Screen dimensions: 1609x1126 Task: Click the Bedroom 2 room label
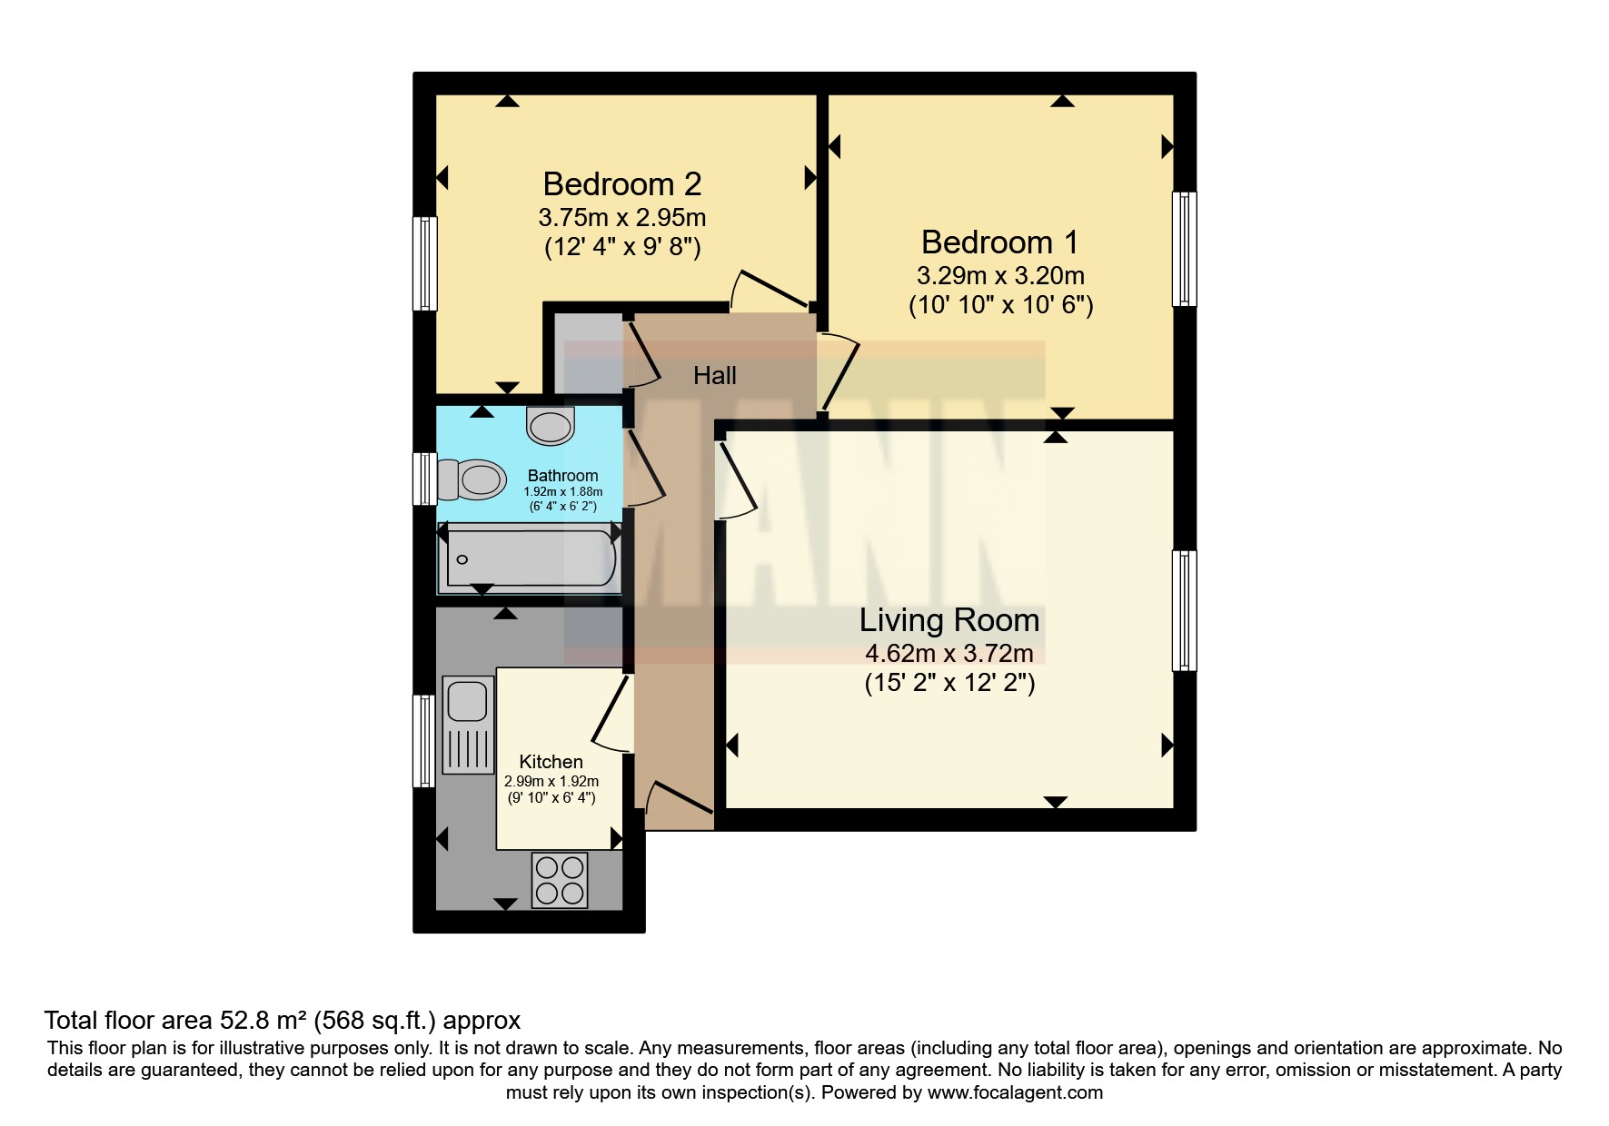click(x=622, y=184)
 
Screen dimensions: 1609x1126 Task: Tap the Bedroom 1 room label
click(x=1000, y=242)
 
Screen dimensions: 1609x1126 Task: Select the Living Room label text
click(x=949, y=620)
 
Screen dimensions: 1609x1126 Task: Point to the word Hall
click(x=715, y=375)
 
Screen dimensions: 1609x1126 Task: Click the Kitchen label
click(x=551, y=762)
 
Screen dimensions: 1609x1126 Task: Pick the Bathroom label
click(x=563, y=475)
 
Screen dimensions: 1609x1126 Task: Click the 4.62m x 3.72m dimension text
click(x=949, y=653)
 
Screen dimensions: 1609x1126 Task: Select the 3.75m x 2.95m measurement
click(x=622, y=218)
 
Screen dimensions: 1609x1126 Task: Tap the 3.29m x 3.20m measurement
click(x=1000, y=275)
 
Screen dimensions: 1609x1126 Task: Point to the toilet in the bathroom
click(x=472, y=479)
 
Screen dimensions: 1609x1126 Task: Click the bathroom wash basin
click(x=551, y=425)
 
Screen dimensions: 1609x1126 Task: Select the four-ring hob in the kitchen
click(x=560, y=880)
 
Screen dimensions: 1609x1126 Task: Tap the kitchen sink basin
click(x=468, y=700)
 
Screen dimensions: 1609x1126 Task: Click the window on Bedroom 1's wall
click(x=1184, y=249)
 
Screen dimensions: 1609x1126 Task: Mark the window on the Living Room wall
click(x=1184, y=610)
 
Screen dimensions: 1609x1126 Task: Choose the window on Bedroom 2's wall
click(x=425, y=263)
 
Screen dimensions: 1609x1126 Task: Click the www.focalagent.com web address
click(x=1015, y=1092)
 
